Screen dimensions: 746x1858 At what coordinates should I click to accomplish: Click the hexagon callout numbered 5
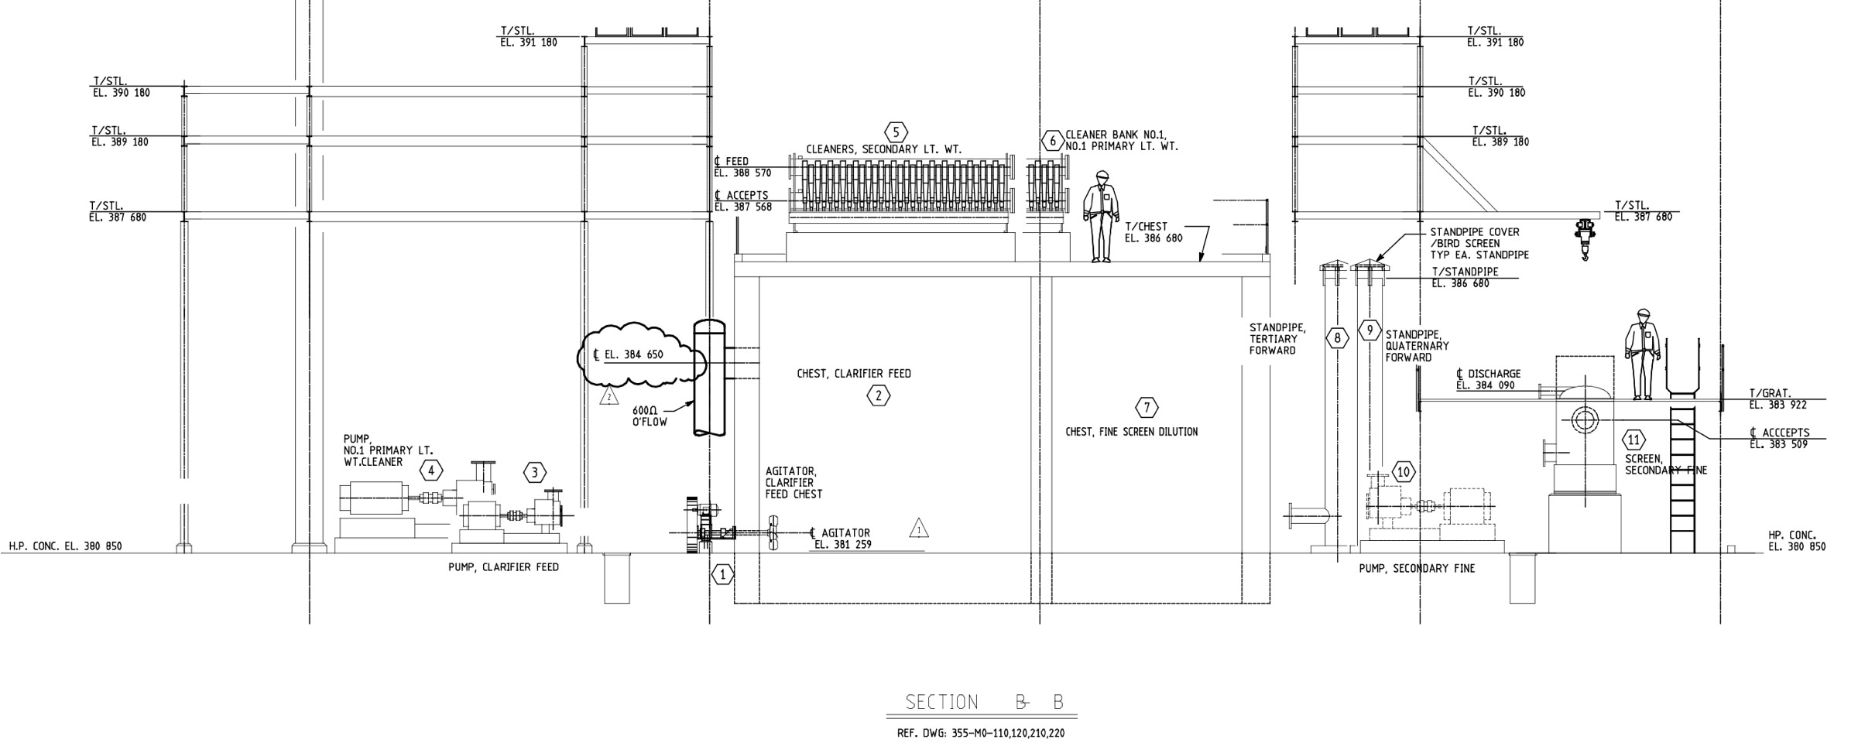(x=896, y=132)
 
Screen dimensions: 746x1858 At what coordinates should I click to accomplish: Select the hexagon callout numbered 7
(x=1147, y=408)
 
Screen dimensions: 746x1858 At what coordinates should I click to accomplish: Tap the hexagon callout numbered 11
(x=1633, y=440)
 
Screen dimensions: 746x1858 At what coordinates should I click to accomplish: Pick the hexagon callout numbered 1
(x=723, y=575)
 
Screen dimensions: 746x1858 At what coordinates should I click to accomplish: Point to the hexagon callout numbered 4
(x=431, y=470)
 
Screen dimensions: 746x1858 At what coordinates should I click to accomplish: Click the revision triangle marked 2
(x=609, y=398)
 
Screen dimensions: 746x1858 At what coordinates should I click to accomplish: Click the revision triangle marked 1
(x=919, y=529)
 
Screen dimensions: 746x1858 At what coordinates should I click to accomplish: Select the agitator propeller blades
(x=773, y=533)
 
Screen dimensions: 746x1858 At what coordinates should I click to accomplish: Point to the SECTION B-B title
(x=985, y=703)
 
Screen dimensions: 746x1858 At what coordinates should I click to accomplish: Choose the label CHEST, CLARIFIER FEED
(x=854, y=374)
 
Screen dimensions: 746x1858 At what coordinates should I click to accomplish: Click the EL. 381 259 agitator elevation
(x=843, y=545)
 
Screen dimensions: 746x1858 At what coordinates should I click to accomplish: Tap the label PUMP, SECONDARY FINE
(x=1417, y=569)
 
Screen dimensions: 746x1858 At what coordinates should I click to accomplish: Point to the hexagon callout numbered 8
(x=1337, y=337)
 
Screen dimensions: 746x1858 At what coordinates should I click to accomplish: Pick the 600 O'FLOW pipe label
(x=650, y=416)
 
